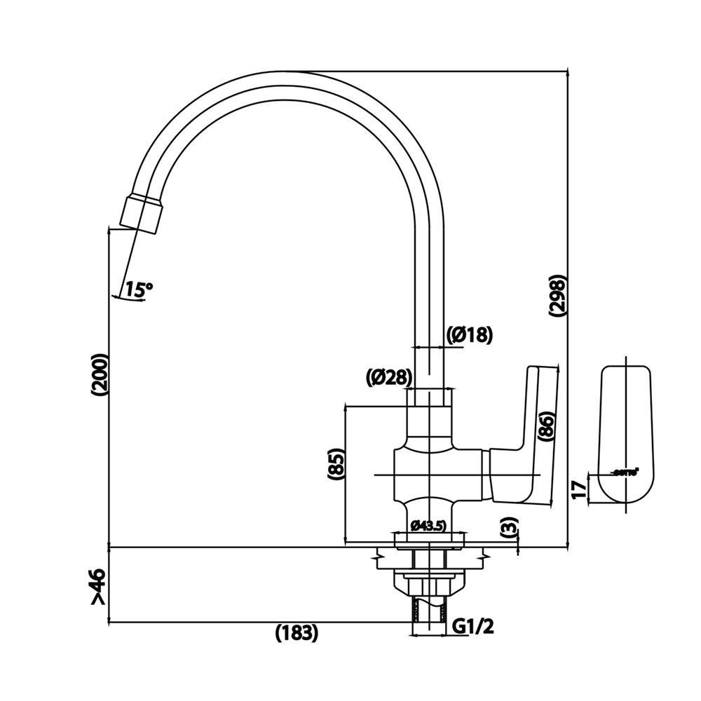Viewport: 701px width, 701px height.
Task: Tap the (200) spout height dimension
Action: (x=99, y=375)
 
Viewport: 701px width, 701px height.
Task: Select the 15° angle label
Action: (x=138, y=288)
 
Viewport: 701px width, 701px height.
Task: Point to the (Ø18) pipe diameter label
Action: (x=470, y=335)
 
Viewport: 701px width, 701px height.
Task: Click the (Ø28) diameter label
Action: (x=388, y=377)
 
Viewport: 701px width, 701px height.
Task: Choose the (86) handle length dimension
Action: (x=547, y=426)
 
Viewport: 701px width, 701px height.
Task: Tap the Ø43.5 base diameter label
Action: (x=428, y=524)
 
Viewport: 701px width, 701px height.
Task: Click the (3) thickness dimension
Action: (x=510, y=527)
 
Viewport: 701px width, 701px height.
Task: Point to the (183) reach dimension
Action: (x=296, y=632)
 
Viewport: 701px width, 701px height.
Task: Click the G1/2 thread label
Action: (x=473, y=626)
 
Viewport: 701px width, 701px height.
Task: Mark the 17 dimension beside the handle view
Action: (x=579, y=489)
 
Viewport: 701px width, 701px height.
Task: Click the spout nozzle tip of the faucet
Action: (x=142, y=213)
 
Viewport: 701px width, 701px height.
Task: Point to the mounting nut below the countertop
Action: (x=429, y=582)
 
